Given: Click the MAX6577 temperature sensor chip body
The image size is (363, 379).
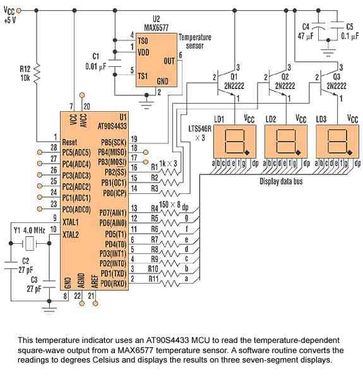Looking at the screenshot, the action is (157, 60).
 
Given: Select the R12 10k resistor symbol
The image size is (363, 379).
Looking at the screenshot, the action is (37, 74).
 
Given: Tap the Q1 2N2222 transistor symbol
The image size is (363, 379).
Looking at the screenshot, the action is (226, 82).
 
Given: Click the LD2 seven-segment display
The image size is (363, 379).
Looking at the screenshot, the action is (286, 141).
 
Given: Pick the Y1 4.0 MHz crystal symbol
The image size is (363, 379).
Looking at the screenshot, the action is (30, 243).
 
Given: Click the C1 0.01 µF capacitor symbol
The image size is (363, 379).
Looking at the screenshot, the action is (115, 63).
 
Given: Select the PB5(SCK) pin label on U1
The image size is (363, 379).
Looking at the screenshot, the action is (114, 142).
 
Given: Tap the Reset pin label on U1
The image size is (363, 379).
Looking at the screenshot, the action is (69, 142).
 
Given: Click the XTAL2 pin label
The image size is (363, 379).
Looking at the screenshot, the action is (71, 234).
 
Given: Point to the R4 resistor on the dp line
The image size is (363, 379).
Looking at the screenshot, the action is (170, 213).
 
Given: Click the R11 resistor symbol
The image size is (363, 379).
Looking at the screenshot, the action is (170, 283).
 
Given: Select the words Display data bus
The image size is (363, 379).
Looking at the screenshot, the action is (281, 181).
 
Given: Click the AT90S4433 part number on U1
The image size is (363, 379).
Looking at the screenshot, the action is (112, 126).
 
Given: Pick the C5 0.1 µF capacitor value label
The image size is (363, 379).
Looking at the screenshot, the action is (350, 36).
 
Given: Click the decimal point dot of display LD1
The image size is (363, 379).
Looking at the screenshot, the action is (247, 152).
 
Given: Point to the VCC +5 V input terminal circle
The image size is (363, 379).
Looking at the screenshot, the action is (18, 10).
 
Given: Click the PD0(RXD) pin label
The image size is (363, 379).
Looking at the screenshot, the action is (113, 283).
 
